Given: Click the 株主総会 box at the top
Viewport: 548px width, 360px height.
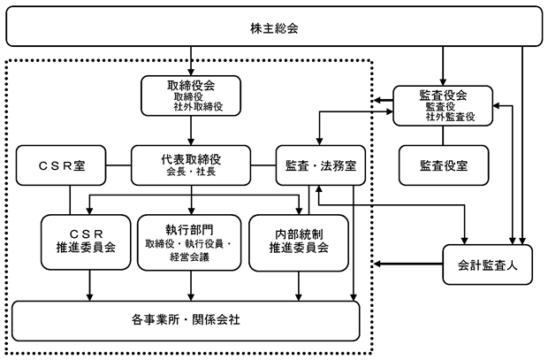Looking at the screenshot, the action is pos(274,27).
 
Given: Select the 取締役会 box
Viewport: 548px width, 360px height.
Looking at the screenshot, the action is pos(191,96).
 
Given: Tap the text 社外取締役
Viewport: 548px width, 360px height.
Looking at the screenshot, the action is pos(198,107).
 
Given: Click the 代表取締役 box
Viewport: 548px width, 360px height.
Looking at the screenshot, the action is pos(191,165).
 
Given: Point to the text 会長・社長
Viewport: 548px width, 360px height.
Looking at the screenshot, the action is pos(191,172).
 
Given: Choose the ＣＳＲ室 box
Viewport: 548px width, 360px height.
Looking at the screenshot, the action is pos(61,165).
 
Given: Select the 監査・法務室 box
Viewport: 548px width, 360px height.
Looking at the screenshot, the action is pos(321,165).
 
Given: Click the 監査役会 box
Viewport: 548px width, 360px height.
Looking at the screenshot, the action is pos(443,105).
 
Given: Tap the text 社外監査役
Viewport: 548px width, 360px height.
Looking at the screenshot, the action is pos(450,117).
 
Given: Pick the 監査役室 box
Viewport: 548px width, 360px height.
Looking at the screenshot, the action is pos(444,165).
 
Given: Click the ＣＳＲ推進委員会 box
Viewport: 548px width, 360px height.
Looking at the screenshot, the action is pos(86,242).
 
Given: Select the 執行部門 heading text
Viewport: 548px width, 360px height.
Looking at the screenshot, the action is pos(189,230).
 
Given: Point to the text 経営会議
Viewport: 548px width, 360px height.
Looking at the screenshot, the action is pos(189,257).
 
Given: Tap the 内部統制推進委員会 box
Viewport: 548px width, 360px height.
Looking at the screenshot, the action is pos(299,242).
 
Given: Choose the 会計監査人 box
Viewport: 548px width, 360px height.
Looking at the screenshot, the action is pos(488,264).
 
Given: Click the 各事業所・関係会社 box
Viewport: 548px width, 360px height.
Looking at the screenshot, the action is pos(186,321).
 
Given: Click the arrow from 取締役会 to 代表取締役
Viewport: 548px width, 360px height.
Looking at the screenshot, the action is pos(191,131).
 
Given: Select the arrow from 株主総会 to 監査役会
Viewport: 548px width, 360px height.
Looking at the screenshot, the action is pos(443,65).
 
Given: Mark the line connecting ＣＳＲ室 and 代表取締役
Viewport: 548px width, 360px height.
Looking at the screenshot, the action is pos(118,165).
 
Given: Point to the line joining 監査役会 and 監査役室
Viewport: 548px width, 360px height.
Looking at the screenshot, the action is pos(443,135).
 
